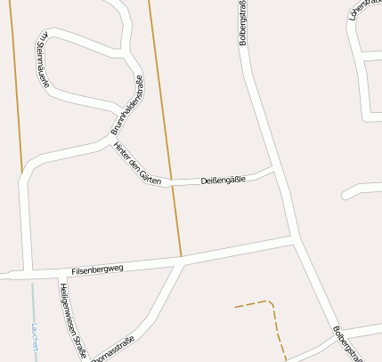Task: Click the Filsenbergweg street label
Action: (x=97, y=268)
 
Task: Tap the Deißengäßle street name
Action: (x=224, y=180)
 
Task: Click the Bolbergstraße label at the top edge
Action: (x=242, y=25)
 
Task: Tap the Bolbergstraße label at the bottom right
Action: (x=348, y=342)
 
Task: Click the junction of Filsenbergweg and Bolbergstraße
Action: (x=292, y=237)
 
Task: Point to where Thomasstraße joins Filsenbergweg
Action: (x=183, y=261)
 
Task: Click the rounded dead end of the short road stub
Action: (x=345, y=193)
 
